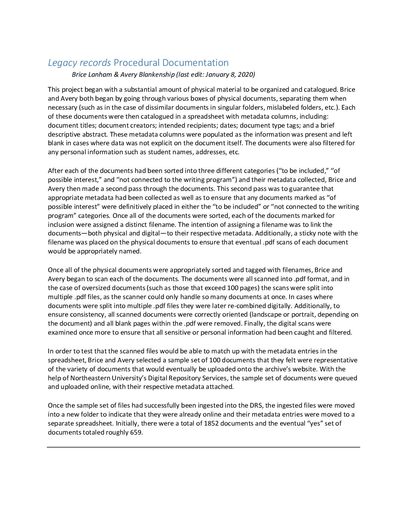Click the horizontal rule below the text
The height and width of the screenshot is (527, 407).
coord(203,447)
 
